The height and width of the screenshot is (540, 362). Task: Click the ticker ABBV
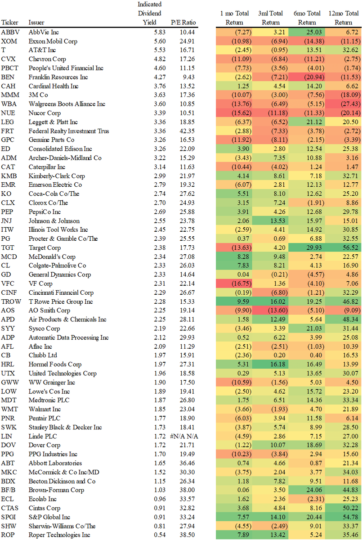tap(9, 32)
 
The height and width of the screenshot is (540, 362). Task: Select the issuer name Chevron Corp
tap(47, 59)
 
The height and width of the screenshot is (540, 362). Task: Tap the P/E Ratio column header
tap(183, 22)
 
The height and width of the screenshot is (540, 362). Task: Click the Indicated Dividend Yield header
tap(149, 13)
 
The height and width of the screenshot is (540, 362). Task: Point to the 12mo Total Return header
tap(343, 18)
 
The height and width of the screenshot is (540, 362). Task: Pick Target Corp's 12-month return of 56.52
tap(344, 247)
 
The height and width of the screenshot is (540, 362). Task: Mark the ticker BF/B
tap(9, 490)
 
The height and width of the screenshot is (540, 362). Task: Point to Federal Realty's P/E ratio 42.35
tap(187, 131)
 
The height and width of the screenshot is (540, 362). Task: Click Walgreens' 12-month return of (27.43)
tap(344, 104)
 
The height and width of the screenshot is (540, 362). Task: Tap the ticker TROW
tap(11, 301)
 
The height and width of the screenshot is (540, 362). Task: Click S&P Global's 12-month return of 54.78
tap(344, 517)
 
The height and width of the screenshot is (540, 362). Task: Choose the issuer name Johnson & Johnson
tap(54, 220)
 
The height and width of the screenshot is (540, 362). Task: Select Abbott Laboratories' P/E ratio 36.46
tap(187, 463)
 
